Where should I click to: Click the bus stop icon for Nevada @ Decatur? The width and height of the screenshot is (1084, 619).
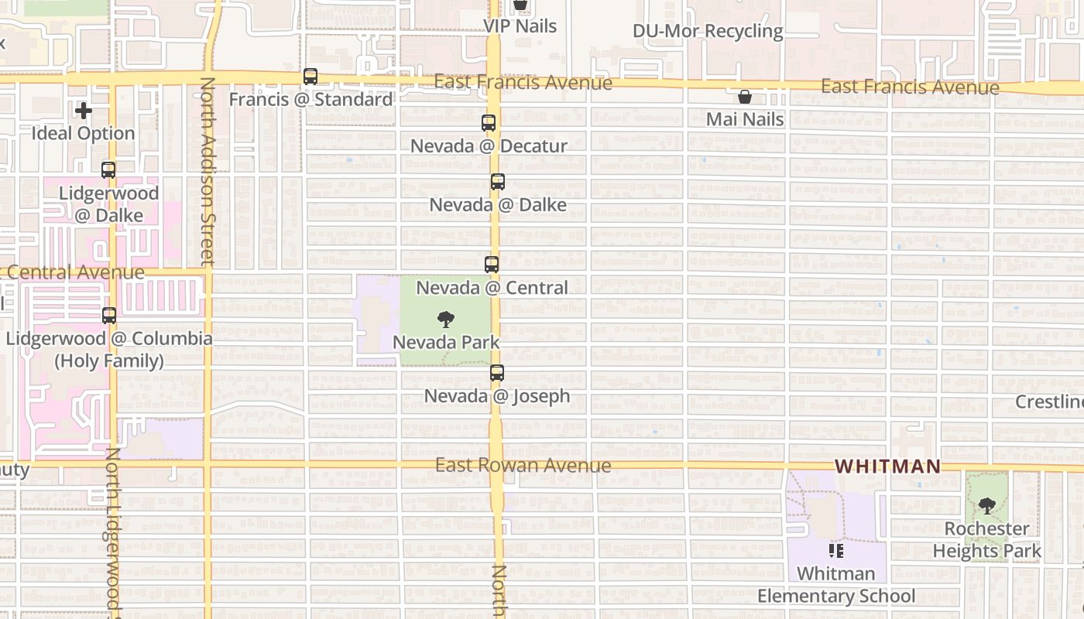pos(489,122)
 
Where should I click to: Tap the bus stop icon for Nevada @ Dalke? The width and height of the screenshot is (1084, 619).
pos(498,182)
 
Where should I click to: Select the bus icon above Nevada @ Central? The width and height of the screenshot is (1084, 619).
pos(492,265)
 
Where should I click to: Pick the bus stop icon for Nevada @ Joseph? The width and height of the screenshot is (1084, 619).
pos(497,373)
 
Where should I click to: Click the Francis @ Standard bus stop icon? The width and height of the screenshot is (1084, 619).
pos(310,77)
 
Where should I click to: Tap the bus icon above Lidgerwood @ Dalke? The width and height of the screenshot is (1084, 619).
pos(108,170)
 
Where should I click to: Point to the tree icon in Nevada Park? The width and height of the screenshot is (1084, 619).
pos(445,319)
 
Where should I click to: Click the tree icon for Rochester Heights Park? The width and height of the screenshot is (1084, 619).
pos(986,506)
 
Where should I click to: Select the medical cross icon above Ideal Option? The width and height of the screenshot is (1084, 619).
pos(84,111)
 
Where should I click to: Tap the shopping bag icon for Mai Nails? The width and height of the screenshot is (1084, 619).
pos(745,97)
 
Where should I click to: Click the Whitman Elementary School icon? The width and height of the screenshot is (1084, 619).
pos(836,551)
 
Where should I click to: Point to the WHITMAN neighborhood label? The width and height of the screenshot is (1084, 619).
pos(888,467)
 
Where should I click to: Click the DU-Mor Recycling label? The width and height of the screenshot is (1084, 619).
pos(708,32)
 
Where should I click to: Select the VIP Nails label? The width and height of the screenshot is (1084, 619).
pos(520,26)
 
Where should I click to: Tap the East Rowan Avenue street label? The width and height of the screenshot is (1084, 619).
pos(523,465)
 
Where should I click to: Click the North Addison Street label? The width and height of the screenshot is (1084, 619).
pos(207,170)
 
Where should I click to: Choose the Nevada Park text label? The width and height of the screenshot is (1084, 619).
pos(446,342)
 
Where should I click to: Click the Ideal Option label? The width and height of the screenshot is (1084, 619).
pos(84,133)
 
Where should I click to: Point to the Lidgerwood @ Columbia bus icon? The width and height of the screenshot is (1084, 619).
pos(109,316)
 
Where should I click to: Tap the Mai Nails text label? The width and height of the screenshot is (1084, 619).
pos(745,119)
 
